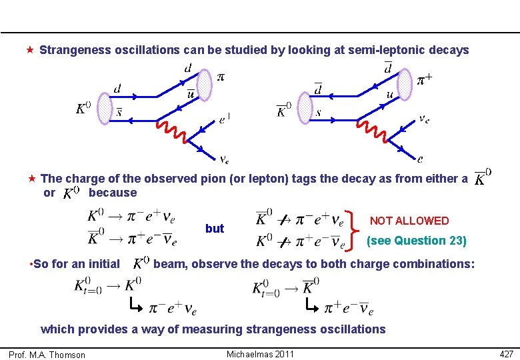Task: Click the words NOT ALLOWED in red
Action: tap(409, 221)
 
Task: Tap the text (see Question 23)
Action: tap(416, 241)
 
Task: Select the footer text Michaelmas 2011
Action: tap(260, 353)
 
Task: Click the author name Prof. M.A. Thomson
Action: tap(47, 355)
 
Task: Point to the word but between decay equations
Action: tap(215, 229)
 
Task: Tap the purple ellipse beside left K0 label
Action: tap(103, 109)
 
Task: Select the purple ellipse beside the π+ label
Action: tap(405, 84)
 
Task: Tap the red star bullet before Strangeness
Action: tap(30, 50)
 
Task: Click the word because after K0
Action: tap(112, 193)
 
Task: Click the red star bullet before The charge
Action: tap(31, 179)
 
